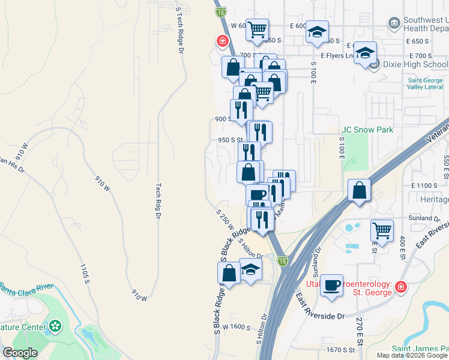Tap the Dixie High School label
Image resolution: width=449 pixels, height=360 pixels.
pos(415,64)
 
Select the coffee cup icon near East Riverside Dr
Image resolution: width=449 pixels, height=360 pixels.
pos(331,286)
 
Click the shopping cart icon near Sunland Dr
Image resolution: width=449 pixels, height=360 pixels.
pos(382,230)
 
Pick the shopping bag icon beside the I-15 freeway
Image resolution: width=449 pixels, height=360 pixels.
pos(358,192)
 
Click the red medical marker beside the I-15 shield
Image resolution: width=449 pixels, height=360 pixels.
pos(222,41)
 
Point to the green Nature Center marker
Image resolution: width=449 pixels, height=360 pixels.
pos(56,326)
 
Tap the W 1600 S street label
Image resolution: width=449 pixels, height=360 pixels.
pos(235,326)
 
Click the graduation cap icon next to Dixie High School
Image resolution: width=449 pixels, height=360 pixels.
pos(364,53)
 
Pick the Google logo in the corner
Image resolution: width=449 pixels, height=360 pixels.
pos(20,353)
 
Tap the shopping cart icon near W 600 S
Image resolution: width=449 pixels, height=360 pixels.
pos(257,29)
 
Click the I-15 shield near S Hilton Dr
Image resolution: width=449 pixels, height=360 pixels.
pos(283,261)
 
